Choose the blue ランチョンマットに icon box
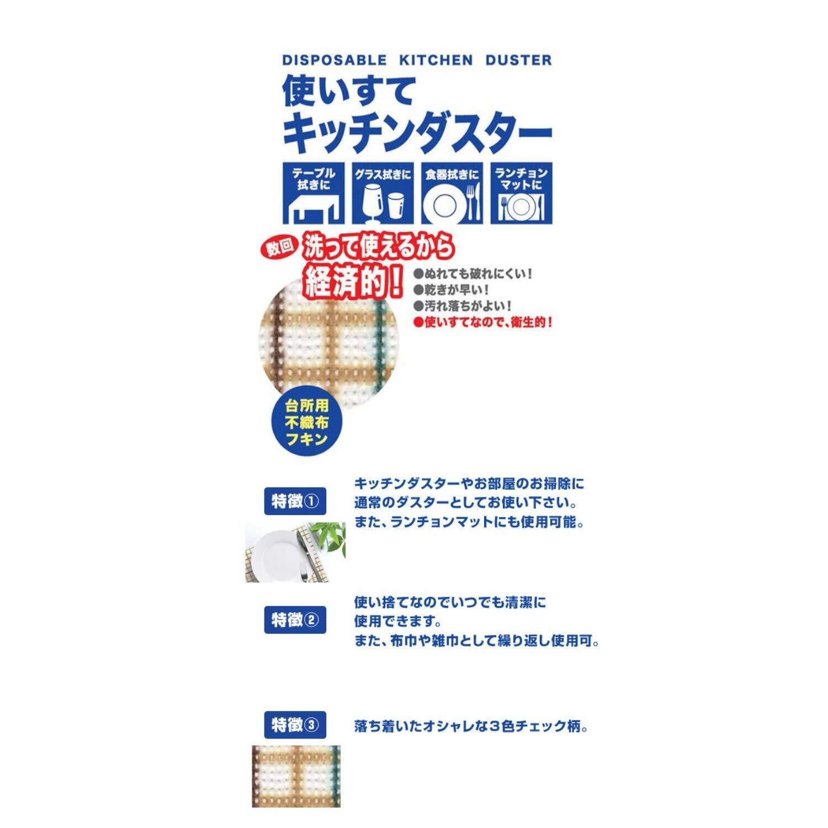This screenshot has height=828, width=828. pyautogui.click(x=521, y=192)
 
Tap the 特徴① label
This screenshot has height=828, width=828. pyautogui.click(x=295, y=502)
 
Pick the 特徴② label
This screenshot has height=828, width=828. pyautogui.click(x=295, y=620)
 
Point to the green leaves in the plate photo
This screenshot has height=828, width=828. pyautogui.click(x=330, y=535)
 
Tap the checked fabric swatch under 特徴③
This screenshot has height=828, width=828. pyautogui.click(x=296, y=776)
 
